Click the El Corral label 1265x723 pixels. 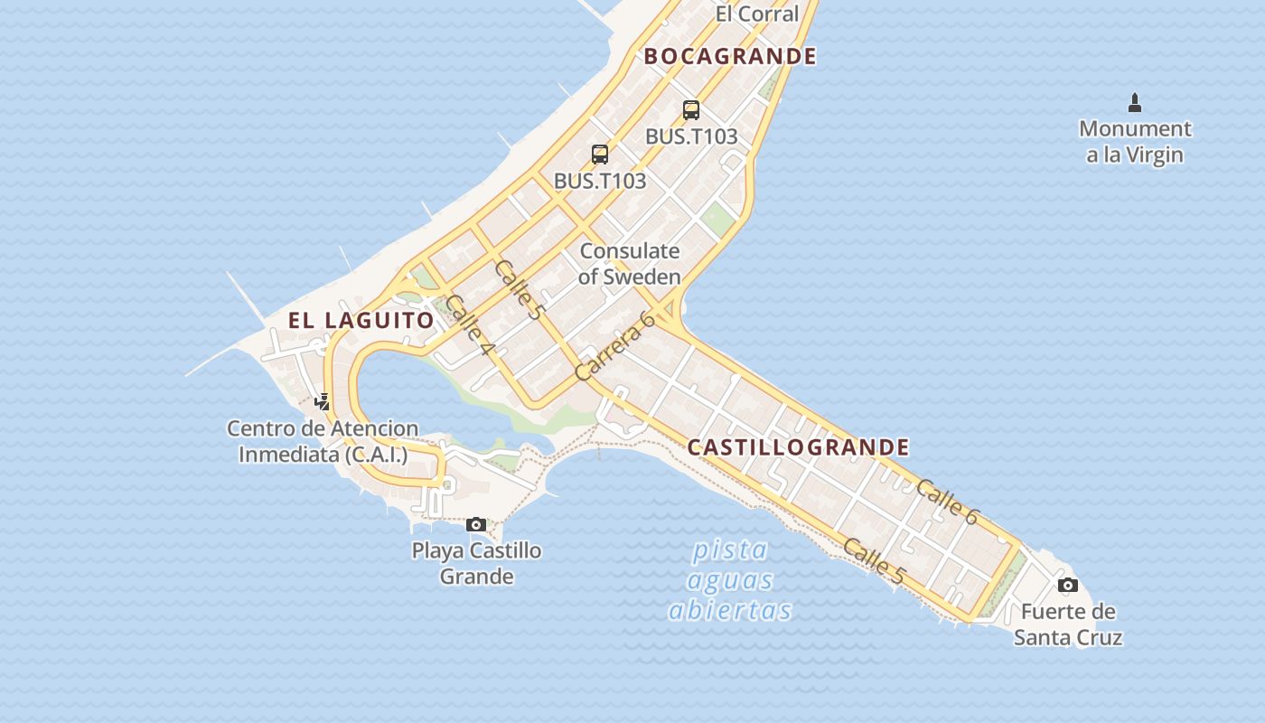[757, 14]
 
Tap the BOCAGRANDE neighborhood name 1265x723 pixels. [730, 56]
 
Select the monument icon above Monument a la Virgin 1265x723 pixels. [1135, 103]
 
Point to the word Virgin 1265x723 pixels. [1154, 155]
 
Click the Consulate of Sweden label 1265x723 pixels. [629, 264]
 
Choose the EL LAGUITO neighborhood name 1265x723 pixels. [361, 320]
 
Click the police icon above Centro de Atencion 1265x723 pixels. [323, 401]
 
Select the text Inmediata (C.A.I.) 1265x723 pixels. [323, 454]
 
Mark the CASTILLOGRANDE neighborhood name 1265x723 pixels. [799, 447]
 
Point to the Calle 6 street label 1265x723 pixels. [947, 502]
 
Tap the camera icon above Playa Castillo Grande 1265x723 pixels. [476, 524]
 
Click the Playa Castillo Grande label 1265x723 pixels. [476, 563]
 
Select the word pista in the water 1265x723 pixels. [730, 549]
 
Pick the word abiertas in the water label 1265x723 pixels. [730, 610]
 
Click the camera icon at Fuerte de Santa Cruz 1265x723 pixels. [1068, 585]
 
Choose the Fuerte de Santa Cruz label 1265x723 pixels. [1068, 624]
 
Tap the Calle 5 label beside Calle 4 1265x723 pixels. [520, 289]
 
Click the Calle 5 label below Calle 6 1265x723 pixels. [874, 559]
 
